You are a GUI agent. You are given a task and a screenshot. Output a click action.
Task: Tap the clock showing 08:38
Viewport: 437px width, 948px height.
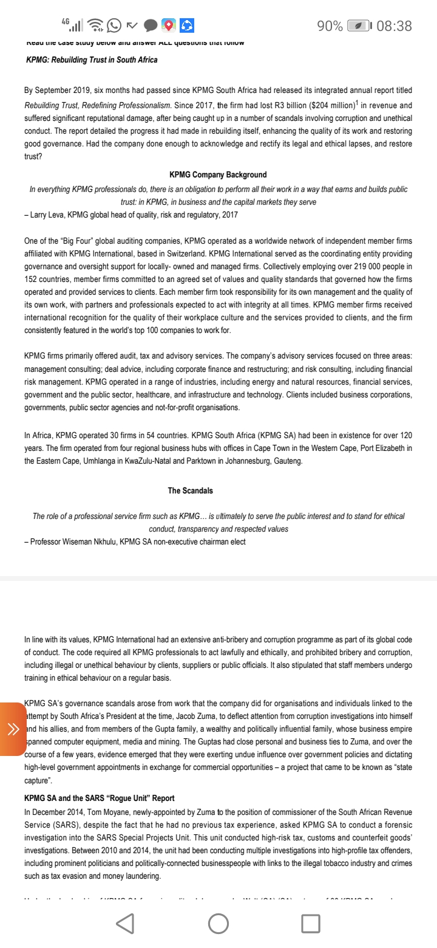coord(394,26)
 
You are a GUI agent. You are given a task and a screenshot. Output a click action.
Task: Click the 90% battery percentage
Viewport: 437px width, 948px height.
coord(330,26)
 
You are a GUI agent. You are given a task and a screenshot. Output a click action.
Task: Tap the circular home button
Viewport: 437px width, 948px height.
coord(218,924)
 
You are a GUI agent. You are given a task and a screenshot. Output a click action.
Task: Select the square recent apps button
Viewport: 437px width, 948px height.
coord(310,924)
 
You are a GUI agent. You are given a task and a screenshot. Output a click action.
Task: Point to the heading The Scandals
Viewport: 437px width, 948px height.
coord(191,490)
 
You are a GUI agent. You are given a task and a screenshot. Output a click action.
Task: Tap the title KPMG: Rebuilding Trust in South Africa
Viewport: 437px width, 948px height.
coord(92,60)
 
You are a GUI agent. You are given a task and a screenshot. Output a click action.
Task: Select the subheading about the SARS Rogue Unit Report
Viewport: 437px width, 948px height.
coord(100,798)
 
